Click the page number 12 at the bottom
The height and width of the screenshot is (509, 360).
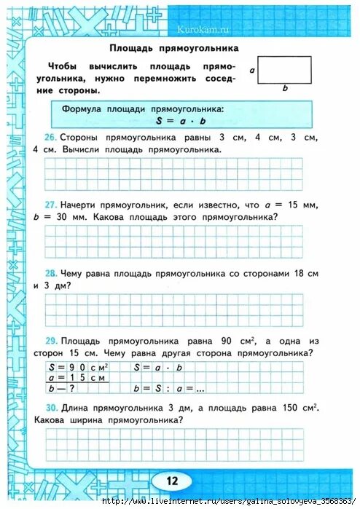click(x=173, y=481)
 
